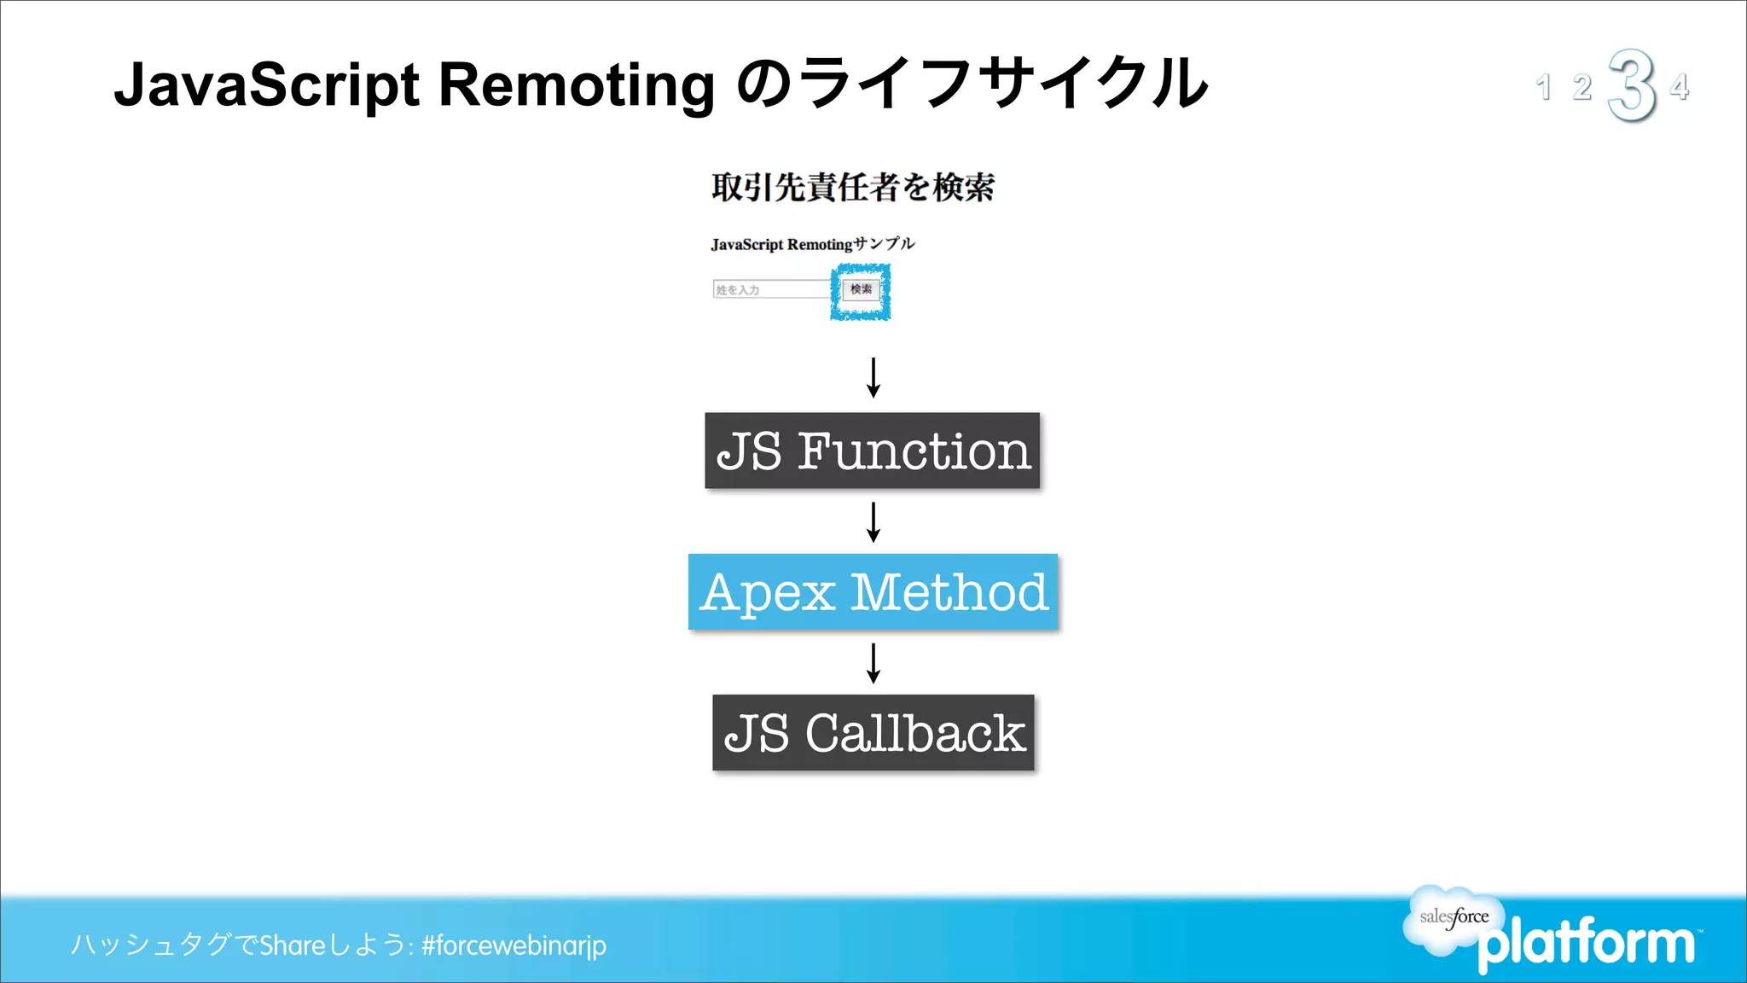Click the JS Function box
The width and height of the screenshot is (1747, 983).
point(872,451)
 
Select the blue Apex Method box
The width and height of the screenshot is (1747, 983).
point(873,591)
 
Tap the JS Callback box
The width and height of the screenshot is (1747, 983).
point(873,732)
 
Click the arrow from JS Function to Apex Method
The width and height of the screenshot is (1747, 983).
point(873,521)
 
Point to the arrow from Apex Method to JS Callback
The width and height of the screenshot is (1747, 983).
point(873,663)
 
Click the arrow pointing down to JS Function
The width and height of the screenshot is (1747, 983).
point(873,377)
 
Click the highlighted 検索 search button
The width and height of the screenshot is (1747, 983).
point(861,290)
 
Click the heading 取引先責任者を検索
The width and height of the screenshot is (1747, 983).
point(852,187)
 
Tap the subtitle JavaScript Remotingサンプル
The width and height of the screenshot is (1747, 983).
point(812,244)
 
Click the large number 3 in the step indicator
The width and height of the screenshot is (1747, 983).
point(1632,85)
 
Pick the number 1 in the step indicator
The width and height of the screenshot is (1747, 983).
point(1543,87)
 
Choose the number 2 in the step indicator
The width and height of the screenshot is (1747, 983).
point(1582,87)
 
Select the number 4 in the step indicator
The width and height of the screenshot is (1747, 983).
point(1680,87)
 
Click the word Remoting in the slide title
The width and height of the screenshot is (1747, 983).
point(577,85)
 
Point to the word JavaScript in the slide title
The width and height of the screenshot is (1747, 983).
point(267,85)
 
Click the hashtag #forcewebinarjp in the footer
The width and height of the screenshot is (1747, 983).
point(514,945)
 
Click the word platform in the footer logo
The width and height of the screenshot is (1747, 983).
point(1587,944)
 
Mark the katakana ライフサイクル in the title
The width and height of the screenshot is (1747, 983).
point(1005,84)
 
